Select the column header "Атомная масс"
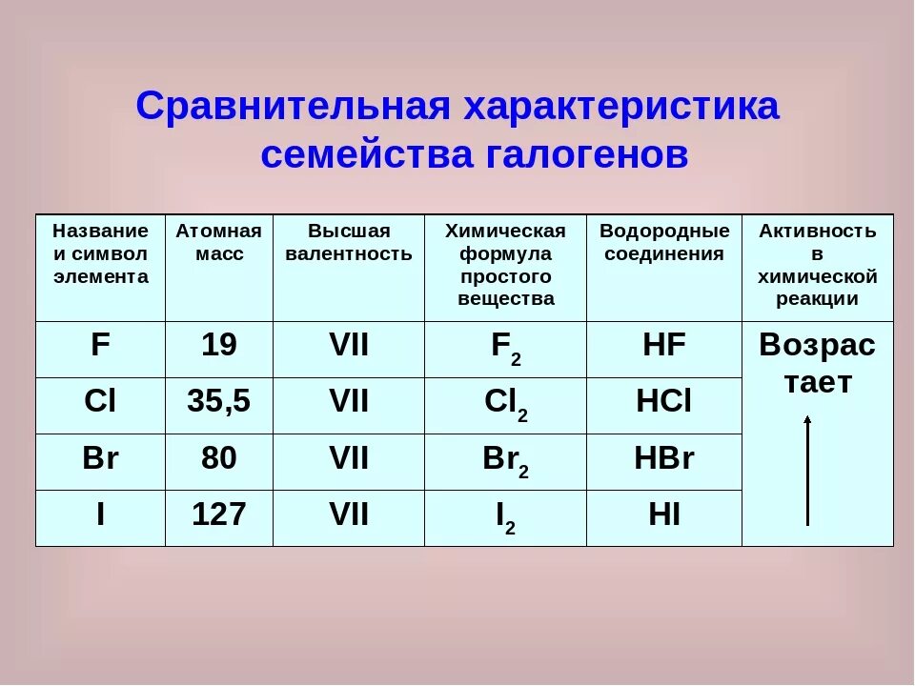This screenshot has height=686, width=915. point(218,242)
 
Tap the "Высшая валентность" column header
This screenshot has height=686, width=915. point(349,242)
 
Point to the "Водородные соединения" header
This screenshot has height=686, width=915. point(664,242)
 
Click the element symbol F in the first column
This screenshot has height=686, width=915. point(100,346)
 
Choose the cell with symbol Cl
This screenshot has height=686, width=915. point(100,402)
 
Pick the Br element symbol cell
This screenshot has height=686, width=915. point(100,458)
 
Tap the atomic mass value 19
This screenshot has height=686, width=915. point(218,346)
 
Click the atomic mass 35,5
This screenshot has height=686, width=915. point(218,402)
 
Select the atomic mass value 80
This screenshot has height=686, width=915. point(218,458)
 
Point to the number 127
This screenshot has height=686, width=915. point(218,514)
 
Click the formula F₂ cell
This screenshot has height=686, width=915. point(505,349)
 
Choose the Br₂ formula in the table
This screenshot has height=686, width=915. point(505,461)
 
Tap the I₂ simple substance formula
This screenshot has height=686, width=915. point(505,517)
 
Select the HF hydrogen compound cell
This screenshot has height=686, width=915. point(664,346)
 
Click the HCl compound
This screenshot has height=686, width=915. point(664,402)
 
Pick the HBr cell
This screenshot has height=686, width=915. point(664,458)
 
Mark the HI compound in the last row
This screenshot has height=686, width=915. point(664,514)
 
